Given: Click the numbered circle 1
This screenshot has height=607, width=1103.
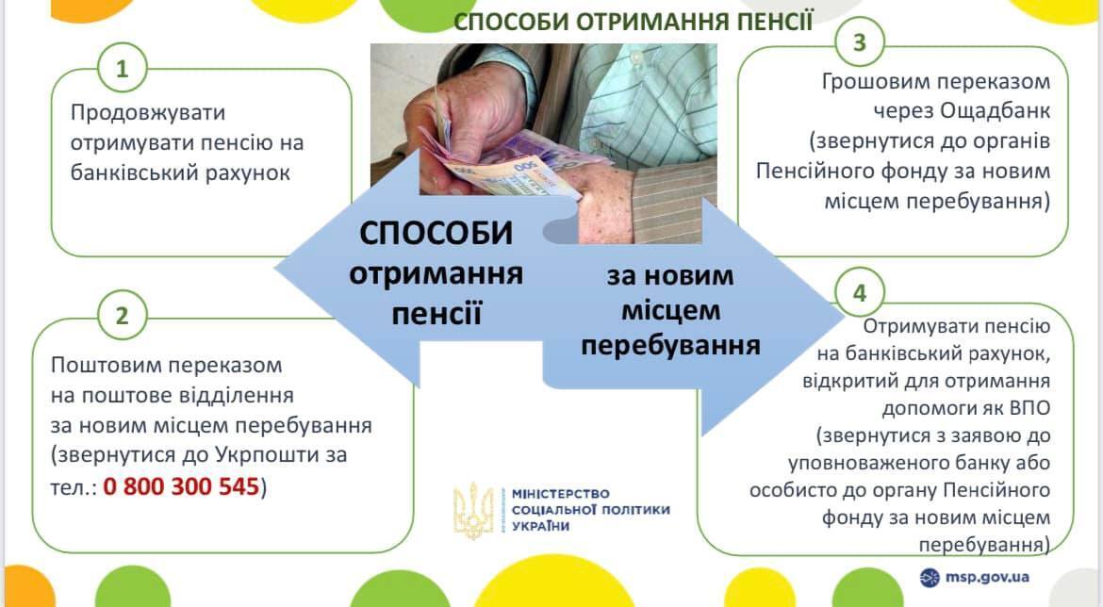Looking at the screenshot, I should [121, 69].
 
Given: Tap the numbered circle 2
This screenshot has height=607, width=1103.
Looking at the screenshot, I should [121, 317].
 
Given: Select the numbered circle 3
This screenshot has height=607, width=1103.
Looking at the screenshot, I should [859, 43].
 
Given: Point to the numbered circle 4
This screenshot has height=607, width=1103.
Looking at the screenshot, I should [859, 294].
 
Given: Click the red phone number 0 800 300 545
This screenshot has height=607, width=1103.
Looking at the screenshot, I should [181, 487].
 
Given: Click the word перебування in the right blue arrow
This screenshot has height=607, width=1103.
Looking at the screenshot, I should [670, 345].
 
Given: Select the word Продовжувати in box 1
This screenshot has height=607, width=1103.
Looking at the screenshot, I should [149, 112].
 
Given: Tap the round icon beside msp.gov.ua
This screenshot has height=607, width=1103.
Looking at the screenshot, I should [930, 577].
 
